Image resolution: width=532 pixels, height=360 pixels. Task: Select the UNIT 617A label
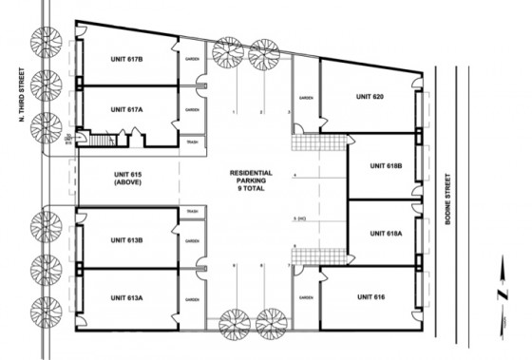tap(126, 109)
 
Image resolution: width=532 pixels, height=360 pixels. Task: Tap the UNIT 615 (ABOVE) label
tap(126, 179)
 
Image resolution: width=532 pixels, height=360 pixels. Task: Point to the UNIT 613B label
tap(126, 240)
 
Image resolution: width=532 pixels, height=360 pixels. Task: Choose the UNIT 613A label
tap(126, 299)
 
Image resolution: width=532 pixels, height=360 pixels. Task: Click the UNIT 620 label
tap(370, 96)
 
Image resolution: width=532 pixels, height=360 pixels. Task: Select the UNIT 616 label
tap(372, 297)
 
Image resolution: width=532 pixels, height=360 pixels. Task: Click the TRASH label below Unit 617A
tap(193, 142)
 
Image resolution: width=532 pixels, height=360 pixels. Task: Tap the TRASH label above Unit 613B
tap(192, 211)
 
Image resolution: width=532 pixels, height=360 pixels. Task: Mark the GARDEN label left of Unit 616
tap(307, 297)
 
